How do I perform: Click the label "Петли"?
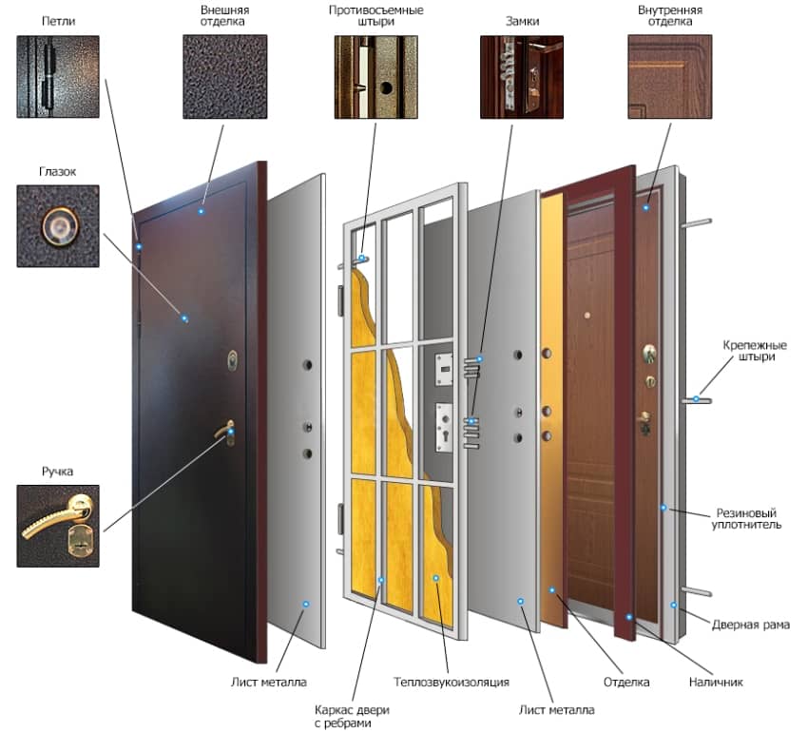click(x=58, y=21)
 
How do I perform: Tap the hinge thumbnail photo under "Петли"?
click(x=58, y=77)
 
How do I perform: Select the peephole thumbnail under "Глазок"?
click(x=58, y=226)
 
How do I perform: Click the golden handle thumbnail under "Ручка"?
click(x=58, y=526)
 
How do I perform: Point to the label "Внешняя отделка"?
click(x=224, y=15)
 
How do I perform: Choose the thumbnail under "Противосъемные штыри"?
click(x=375, y=77)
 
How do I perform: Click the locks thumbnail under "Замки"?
click(x=522, y=77)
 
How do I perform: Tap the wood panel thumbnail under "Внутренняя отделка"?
click(x=670, y=77)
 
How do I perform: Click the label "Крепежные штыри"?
click(x=755, y=351)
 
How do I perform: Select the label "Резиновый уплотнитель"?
click(x=746, y=519)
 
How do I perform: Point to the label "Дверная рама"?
click(x=751, y=625)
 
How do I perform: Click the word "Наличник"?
click(x=716, y=682)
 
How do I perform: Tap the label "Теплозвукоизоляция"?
click(x=452, y=682)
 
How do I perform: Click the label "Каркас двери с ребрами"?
click(x=352, y=716)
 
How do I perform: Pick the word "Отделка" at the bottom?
click(x=626, y=682)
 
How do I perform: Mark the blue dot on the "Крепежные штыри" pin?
click(x=696, y=399)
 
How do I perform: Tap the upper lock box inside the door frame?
click(x=444, y=369)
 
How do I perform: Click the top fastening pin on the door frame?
click(x=696, y=223)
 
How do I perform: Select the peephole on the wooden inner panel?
click(x=587, y=315)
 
